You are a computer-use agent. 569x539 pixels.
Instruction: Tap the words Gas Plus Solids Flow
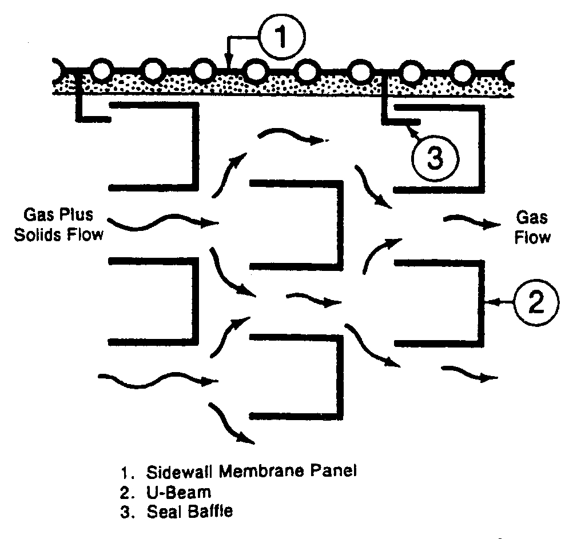[58, 225]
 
